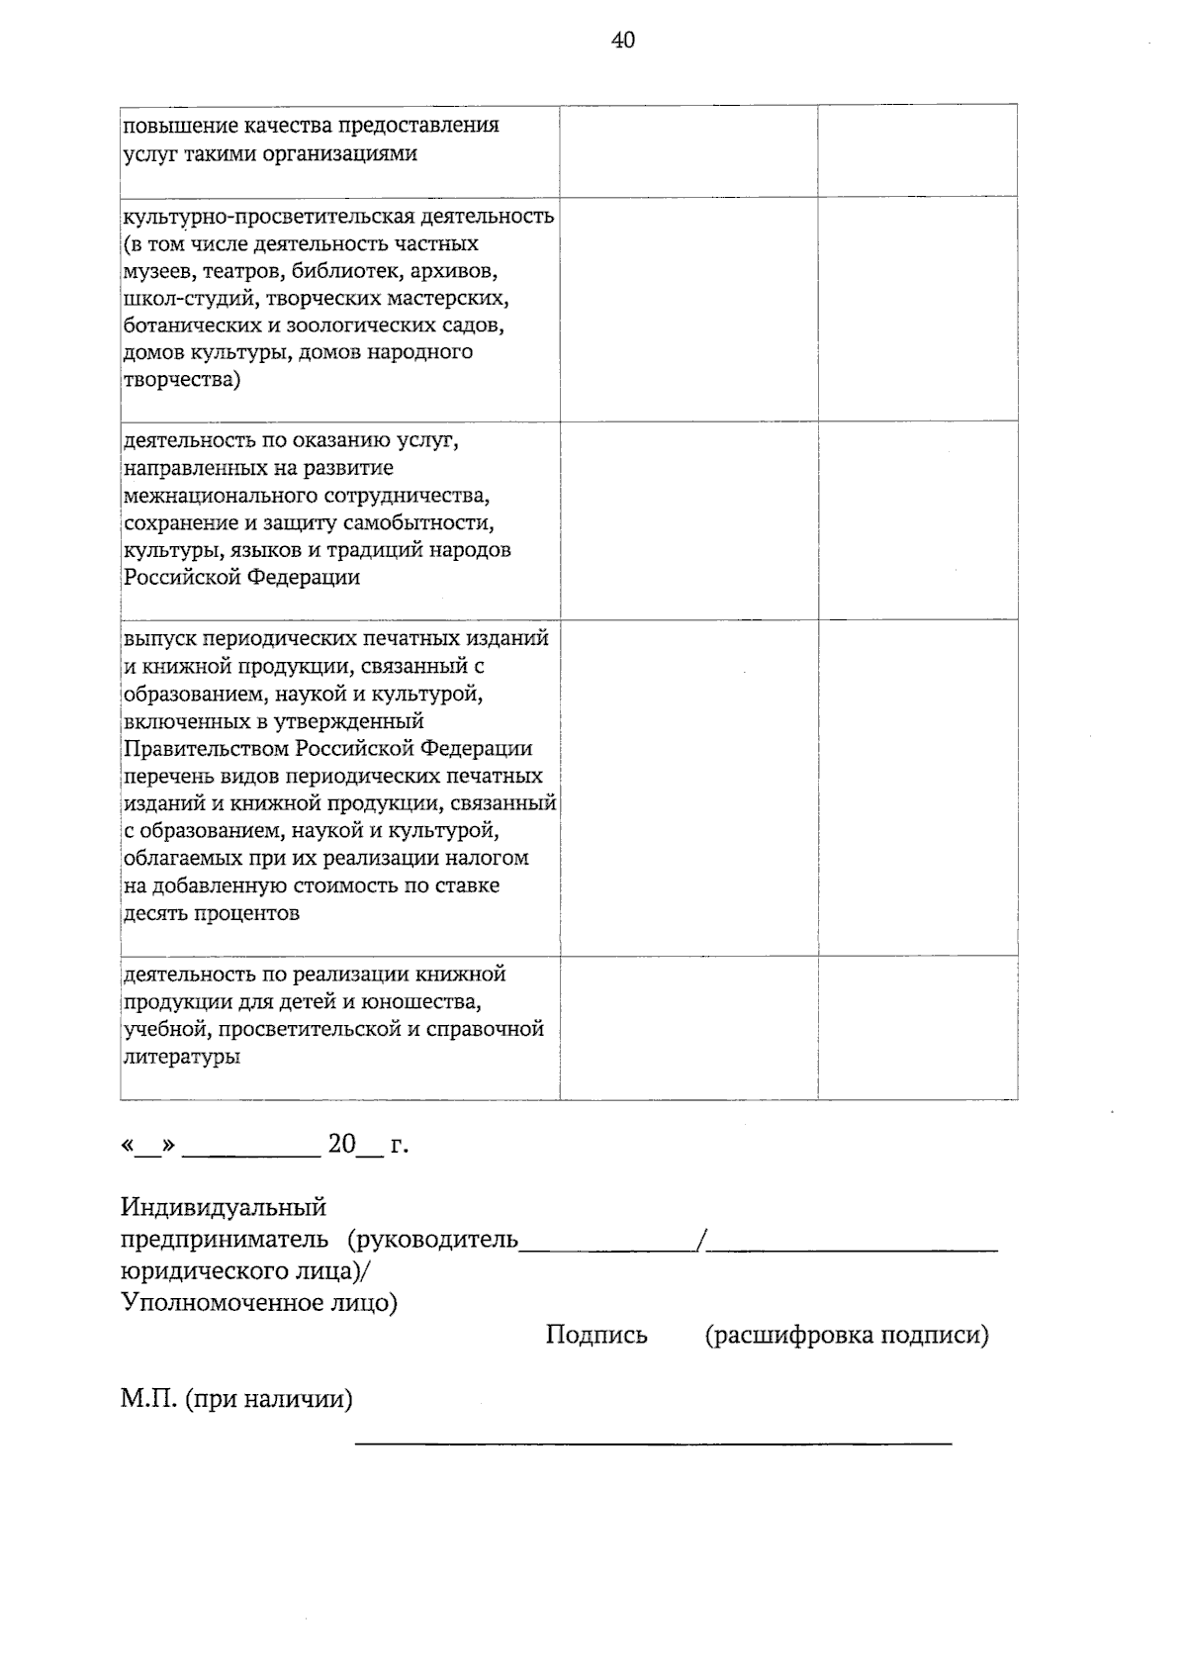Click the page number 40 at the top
coord(623,41)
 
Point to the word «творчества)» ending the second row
coord(181,380)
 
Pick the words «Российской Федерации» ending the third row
coord(241,578)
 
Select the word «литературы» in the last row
coord(181,1058)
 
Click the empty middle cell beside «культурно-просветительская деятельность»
coord(688,308)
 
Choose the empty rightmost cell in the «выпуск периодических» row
coord(917,787)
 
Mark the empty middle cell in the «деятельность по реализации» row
coord(688,1027)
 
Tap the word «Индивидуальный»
coord(224,1207)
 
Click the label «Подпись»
coord(596,1336)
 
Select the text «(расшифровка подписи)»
coord(847,1336)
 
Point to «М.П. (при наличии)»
coord(236,1400)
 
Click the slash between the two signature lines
coord(701,1241)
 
